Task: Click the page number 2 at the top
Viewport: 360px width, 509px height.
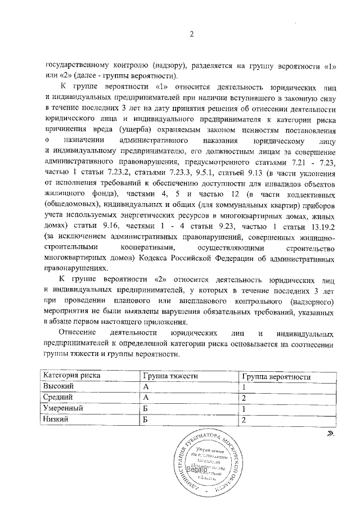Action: point(191,34)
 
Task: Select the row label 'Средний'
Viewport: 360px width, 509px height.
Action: point(58,398)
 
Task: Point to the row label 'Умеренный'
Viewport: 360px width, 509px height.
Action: point(63,408)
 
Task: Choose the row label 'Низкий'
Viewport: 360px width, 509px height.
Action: point(56,419)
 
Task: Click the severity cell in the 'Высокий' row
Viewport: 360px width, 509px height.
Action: point(146,387)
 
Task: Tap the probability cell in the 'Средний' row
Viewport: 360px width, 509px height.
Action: point(245,398)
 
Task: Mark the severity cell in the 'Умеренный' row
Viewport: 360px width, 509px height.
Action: point(146,408)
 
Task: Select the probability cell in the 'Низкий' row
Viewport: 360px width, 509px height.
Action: point(245,419)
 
